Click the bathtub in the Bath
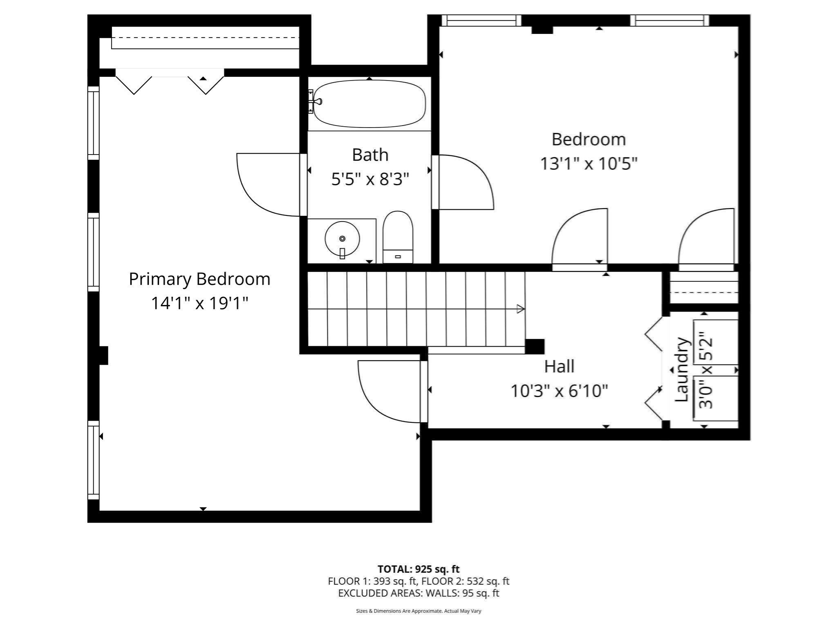(369, 103)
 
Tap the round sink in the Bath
(342, 239)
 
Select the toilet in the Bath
(398, 236)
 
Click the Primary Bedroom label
(199, 279)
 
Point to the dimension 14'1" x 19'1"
(199, 303)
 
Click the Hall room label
(559, 366)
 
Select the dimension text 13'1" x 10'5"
(589, 164)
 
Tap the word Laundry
(681, 370)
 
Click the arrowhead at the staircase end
(520, 309)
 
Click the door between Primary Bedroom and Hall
(388, 391)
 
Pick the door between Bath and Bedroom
(466, 182)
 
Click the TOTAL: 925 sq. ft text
(418, 569)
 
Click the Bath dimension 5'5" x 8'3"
(370, 179)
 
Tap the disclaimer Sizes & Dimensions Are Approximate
(418, 611)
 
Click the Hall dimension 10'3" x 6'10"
(559, 391)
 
